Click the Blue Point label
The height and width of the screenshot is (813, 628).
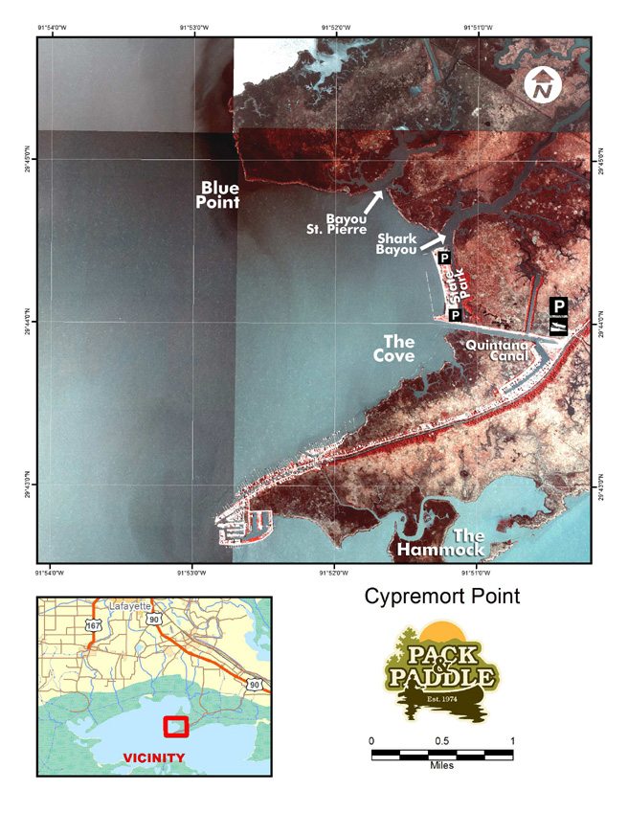pyautogui.click(x=219, y=193)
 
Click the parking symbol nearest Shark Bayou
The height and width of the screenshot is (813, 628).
pyautogui.click(x=443, y=258)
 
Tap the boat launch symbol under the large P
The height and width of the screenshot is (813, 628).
pyautogui.click(x=559, y=327)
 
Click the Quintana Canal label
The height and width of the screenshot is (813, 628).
pyautogui.click(x=496, y=350)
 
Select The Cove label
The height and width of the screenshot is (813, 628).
pyautogui.click(x=397, y=348)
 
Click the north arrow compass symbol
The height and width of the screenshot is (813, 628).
pyautogui.click(x=543, y=86)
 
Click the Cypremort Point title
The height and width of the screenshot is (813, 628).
pyautogui.click(x=442, y=597)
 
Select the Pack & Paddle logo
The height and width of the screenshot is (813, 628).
pyautogui.click(x=442, y=671)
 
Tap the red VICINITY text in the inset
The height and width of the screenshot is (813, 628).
pyautogui.click(x=154, y=757)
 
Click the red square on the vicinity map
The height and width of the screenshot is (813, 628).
pyautogui.click(x=176, y=726)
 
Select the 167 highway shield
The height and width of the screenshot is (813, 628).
pyautogui.click(x=93, y=625)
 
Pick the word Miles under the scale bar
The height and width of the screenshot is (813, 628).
pyautogui.click(x=442, y=766)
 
